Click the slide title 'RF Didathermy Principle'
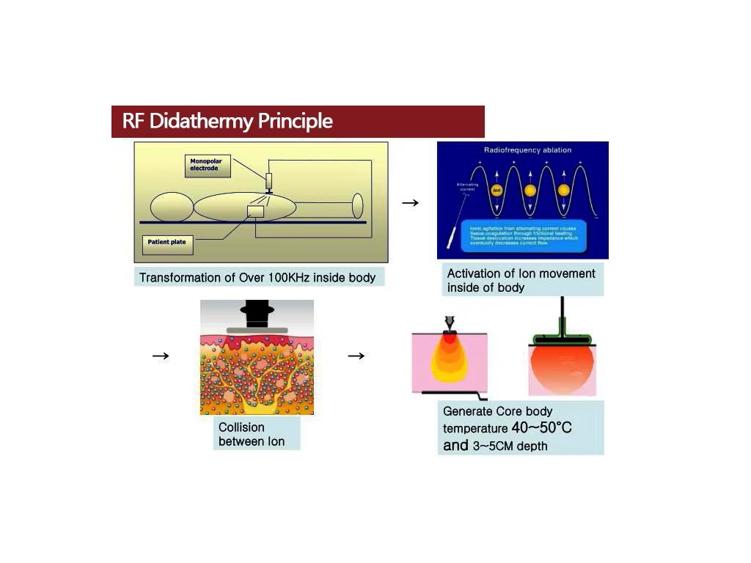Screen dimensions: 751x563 [x=227, y=121]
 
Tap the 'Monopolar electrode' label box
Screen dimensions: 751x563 [x=208, y=166]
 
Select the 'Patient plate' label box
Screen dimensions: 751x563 [x=168, y=243]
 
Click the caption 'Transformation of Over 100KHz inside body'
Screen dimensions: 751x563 [x=257, y=278]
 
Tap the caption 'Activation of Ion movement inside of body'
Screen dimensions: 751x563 [x=521, y=280]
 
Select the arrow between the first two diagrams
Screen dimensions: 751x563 [x=411, y=203]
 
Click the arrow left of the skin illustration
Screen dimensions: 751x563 [x=161, y=356]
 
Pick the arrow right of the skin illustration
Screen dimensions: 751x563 [x=356, y=356]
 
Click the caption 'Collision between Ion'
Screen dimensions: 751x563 [x=252, y=434]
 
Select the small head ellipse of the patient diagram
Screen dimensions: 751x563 [x=172, y=207]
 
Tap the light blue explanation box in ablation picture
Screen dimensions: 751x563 [x=523, y=235]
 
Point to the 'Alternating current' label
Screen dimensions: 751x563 [x=466, y=187]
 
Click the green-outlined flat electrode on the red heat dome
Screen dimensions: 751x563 [x=562, y=339]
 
